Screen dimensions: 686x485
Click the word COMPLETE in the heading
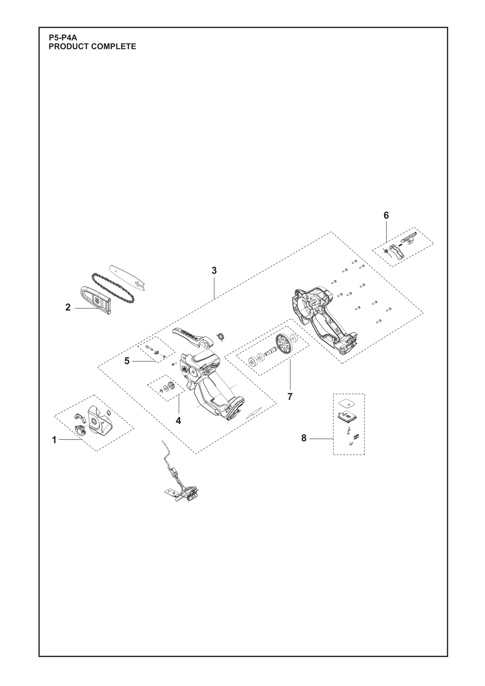click(x=113, y=47)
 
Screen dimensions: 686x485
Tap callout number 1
click(x=54, y=440)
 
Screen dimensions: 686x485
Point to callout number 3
click(x=214, y=270)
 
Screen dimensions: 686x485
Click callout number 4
click(x=178, y=421)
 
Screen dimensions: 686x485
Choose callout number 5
click(x=127, y=361)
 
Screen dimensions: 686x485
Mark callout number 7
click(x=290, y=397)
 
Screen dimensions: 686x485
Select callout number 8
click(x=304, y=438)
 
